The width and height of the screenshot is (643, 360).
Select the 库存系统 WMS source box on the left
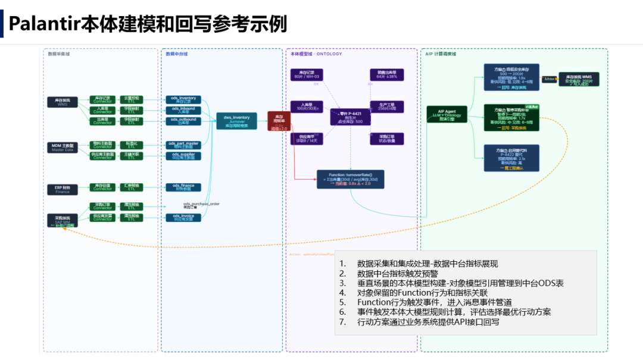click(x=63, y=102)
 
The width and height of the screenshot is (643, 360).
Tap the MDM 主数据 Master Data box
click(x=63, y=147)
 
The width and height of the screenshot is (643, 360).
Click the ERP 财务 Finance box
click(x=63, y=189)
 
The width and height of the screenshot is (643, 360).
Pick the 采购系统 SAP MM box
click(x=63, y=221)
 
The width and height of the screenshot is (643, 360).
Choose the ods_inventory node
click(x=183, y=99)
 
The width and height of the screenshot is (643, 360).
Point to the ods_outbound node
click(x=183, y=121)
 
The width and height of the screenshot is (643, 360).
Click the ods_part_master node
click(x=183, y=145)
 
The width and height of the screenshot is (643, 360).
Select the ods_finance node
click(x=183, y=187)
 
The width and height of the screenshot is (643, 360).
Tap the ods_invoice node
click(x=183, y=217)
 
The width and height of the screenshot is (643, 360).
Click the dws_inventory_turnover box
click(x=236, y=121)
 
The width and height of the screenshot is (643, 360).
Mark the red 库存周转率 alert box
click(x=279, y=122)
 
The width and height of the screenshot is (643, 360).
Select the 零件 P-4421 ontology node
click(x=350, y=117)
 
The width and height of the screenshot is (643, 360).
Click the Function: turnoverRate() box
click(x=350, y=179)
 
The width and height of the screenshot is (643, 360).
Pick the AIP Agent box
click(x=447, y=115)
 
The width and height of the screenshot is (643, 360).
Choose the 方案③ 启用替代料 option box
click(x=503, y=158)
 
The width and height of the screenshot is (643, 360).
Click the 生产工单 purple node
click(x=386, y=106)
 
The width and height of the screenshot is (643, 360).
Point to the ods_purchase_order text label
click(x=201, y=204)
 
